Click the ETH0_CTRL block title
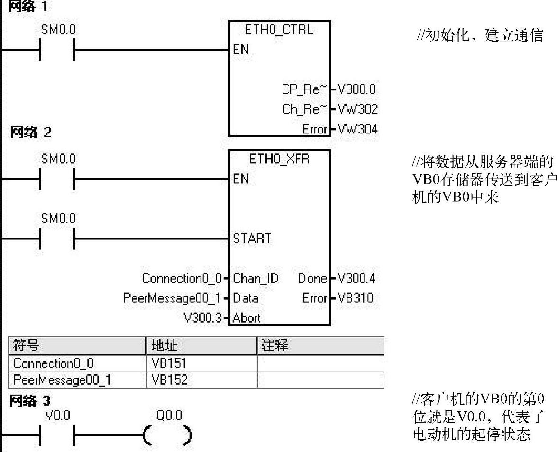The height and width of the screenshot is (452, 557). coord(279,30)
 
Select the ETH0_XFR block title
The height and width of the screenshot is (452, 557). coord(279,159)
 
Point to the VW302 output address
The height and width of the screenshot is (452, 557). coord(357,109)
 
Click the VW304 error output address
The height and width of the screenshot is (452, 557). coord(357,129)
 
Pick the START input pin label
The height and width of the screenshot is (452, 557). coord(252,238)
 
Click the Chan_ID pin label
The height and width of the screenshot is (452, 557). coord(255,278)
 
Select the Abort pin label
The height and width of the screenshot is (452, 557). coord(247,318)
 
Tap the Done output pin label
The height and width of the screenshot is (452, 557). coord(312,278)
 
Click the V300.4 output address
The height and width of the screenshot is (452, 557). coord(356,278)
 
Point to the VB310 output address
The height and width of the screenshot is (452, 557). coord(355,298)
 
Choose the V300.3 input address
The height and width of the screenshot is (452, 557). coord(202,318)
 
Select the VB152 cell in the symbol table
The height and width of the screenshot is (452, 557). coord(169,380)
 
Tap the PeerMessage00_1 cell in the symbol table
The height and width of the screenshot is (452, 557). coord(62,380)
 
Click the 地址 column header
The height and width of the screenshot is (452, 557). coord(164,346)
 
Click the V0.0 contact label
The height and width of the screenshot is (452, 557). coord(58,415)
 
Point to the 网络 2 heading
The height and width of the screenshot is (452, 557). coord(30,133)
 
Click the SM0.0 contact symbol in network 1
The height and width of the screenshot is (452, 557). coord(57,49)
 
